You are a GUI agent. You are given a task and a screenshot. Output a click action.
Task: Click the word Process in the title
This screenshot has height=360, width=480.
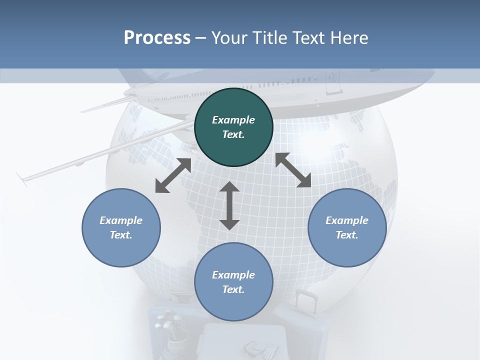(x=157, y=38)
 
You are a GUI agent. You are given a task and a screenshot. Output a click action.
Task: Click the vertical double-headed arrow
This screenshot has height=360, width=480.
(x=229, y=205)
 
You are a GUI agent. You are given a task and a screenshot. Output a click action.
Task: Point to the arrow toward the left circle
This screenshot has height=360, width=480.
(x=173, y=175)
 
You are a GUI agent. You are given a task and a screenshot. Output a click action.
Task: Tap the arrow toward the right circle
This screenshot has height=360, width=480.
(x=293, y=170)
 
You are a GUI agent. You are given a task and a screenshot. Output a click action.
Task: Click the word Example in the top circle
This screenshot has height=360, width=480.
(x=233, y=120)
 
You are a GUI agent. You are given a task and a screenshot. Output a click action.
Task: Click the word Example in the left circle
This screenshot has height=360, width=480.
(x=121, y=220)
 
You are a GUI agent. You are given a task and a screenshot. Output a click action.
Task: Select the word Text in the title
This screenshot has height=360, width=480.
(x=308, y=38)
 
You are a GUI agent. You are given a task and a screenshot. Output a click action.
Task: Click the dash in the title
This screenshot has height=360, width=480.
(x=201, y=38)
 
